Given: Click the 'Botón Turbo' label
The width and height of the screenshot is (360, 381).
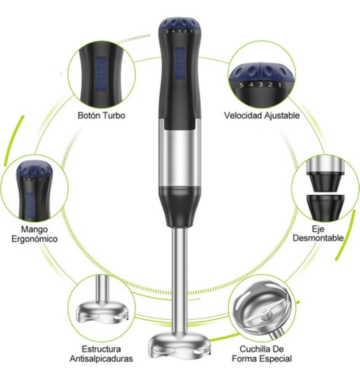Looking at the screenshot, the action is click(101, 116).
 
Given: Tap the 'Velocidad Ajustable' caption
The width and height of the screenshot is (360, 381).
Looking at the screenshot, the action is click(262, 116).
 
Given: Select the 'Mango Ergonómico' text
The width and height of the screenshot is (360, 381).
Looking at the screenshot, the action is click(35, 234).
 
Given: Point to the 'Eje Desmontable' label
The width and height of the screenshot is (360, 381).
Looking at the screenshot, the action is click(318, 234).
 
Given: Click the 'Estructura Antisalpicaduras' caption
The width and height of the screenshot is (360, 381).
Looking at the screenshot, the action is click(101, 354).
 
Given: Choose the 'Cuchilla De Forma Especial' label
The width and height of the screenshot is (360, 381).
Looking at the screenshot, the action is click(262, 354).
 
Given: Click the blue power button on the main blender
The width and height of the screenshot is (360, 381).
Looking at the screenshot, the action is click(180, 63).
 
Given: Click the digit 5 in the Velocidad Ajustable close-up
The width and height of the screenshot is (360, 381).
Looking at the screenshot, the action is click(241, 85).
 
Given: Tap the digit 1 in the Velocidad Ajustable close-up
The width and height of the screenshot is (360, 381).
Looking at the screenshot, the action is click(280, 85).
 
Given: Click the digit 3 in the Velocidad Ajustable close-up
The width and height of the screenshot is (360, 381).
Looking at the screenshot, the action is click(261, 84).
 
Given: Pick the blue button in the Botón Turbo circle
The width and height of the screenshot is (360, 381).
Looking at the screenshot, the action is click(101, 74).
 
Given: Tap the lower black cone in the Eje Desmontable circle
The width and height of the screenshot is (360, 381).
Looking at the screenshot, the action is click(325, 207).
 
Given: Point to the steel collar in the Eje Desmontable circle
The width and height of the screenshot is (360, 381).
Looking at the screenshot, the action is click(325, 165).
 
